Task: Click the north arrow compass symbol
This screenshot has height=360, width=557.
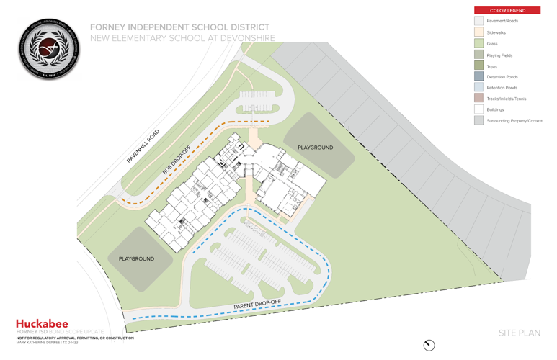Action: pos(429,345)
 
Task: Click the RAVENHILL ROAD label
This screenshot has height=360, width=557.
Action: pos(142,146)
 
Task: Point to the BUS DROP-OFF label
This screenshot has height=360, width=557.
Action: pos(177,158)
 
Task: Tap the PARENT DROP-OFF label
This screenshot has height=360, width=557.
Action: pos(257,304)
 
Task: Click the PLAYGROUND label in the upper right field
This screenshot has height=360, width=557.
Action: pos(315,148)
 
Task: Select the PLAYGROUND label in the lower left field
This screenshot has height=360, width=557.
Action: pos(136,258)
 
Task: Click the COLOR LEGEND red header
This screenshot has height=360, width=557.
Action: pos(507,11)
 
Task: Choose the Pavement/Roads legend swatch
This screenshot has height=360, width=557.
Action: pos(478,22)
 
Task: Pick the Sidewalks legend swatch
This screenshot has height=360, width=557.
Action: pos(478,32)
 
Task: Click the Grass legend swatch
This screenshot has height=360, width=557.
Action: pos(478,43)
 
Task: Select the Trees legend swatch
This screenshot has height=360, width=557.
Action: pos(478,66)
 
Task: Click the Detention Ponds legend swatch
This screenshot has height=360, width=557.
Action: pos(478,76)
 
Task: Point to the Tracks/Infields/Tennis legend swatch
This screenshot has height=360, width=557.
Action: pos(478,99)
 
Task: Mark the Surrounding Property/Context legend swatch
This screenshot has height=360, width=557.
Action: pos(478,120)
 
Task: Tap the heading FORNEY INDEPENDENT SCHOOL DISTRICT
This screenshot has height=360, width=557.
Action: pos(180,27)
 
